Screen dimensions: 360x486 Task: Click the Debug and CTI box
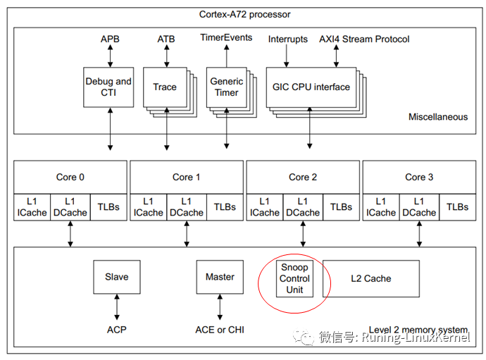coord(108,87)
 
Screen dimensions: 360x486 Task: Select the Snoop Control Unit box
coord(294,278)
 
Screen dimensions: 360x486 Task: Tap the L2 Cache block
coord(370,278)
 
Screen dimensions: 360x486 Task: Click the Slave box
coord(116,277)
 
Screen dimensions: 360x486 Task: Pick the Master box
coord(220,277)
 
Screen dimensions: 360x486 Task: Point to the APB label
coord(110,39)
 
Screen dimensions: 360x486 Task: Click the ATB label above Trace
coord(166,39)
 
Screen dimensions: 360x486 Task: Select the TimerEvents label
coord(226,38)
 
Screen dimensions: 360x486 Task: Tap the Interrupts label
coord(287,39)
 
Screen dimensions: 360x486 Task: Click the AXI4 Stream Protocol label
coord(364,39)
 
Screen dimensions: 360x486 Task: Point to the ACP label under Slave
coord(116,330)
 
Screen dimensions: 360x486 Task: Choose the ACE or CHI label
coord(220,330)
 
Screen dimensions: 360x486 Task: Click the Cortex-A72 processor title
coord(244,14)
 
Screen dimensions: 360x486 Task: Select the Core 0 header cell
coord(70,177)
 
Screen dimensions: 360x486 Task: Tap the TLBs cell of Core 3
coord(457,207)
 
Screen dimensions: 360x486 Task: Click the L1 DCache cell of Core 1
coord(187,207)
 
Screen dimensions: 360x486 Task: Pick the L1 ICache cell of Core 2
coord(264,207)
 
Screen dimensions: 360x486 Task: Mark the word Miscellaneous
coord(437,117)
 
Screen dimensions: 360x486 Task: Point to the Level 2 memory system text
coord(418,330)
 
